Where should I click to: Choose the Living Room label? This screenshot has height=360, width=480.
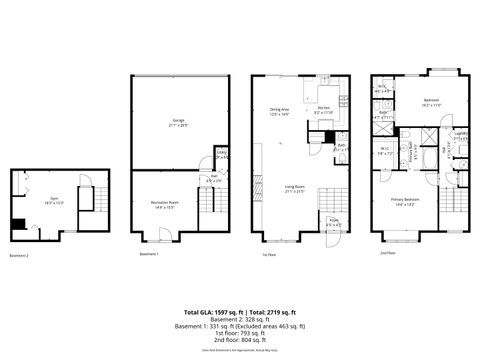pyautogui.click(x=294, y=189)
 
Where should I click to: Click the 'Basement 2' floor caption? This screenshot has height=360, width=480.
pyautogui.click(x=20, y=256)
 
